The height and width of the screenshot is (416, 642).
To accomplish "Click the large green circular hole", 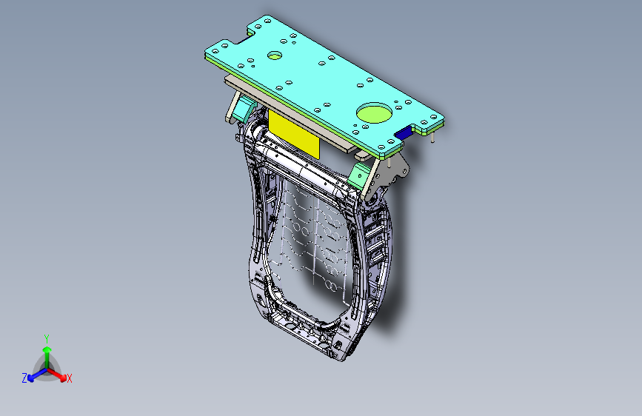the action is (x=374, y=113).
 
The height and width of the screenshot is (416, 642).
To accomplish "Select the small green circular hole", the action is (x=275, y=56).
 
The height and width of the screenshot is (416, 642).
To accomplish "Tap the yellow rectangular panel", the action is (x=293, y=134).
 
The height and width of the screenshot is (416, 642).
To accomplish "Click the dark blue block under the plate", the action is (x=404, y=133).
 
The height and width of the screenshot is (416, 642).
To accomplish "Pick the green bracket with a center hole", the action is (x=359, y=176).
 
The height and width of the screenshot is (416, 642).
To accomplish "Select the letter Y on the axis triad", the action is (x=47, y=338).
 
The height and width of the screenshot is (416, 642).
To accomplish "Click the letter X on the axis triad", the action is (x=69, y=378).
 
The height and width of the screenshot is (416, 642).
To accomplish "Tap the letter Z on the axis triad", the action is (x=24, y=378).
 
